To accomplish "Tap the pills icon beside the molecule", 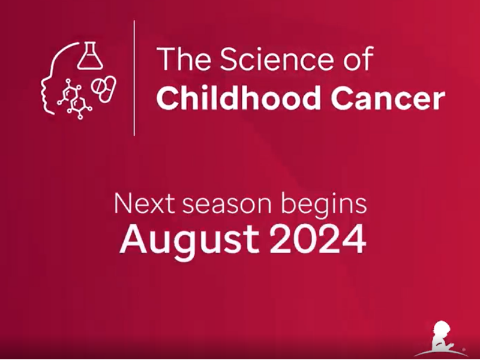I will coord(103,88).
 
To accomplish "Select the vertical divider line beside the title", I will coord(134,78).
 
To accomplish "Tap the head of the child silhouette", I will coord(443,329).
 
